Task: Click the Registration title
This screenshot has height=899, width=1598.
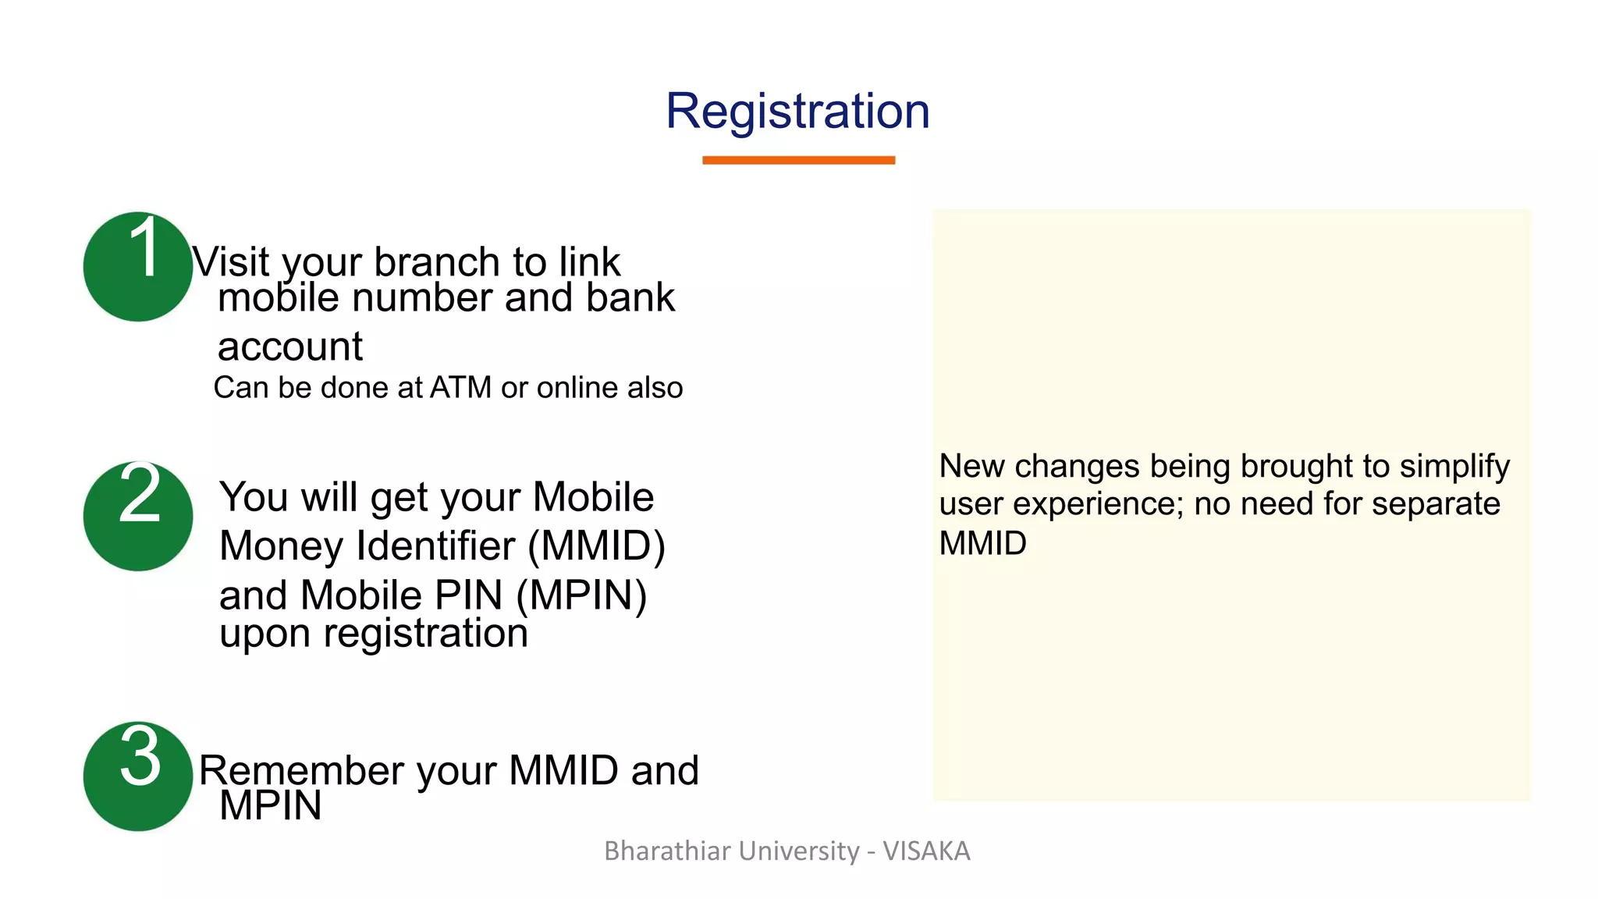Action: click(797, 112)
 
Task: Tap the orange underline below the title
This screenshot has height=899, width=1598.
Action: click(798, 160)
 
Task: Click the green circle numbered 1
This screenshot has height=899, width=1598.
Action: click(138, 267)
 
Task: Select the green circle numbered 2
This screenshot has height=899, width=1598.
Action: click(138, 516)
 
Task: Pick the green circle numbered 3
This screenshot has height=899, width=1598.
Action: click(138, 776)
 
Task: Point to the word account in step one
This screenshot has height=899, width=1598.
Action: click(289, 346)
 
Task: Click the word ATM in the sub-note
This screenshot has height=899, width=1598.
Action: click(460, 388)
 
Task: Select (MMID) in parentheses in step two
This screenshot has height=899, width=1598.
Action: click(597, 545)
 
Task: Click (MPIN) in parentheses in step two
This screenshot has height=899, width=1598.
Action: click(581, 595)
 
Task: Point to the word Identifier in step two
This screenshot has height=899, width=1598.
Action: click(436, 545)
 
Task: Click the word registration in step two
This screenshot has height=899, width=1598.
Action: click(425, 633)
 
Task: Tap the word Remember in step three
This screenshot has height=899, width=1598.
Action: click(300, 771)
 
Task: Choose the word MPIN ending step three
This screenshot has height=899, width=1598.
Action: click(270, 805)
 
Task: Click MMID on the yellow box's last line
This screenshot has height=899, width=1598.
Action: click(982, 543)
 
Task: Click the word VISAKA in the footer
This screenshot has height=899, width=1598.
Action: click(926, 851)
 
